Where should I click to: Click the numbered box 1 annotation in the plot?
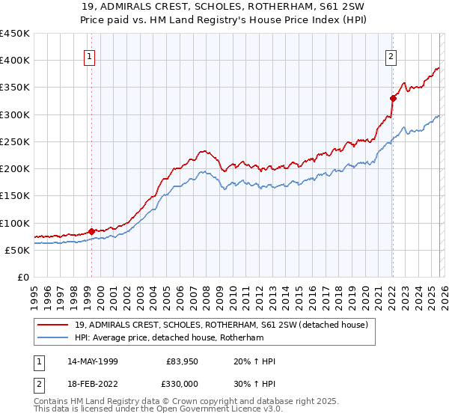[x=90, y=55]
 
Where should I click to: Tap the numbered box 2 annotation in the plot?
[x=391, y=55]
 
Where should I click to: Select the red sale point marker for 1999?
[x=91, y=232]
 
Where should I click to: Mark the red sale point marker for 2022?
[x=393, y=98]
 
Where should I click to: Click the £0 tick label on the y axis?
[x=22, y=277]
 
